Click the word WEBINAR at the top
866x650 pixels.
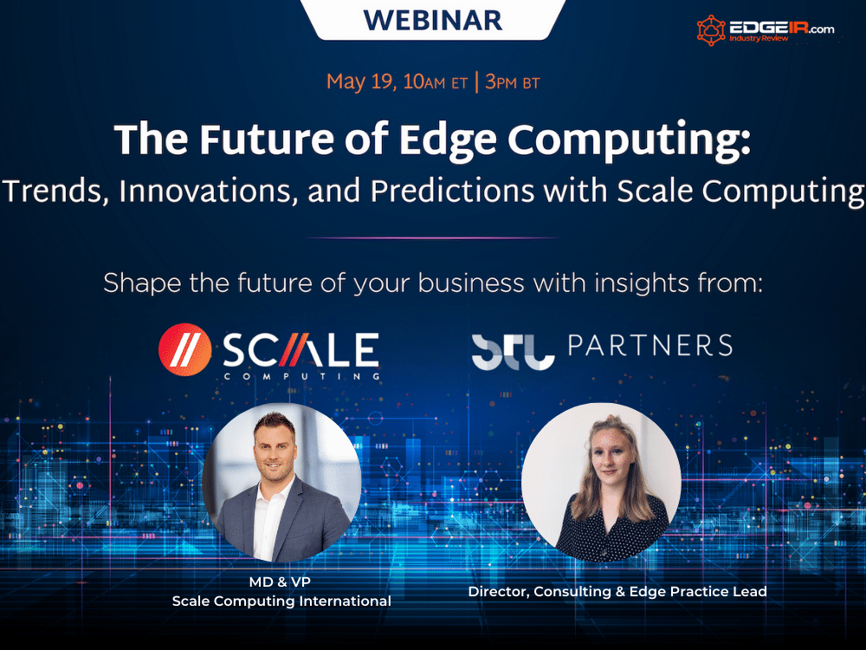point(433,20)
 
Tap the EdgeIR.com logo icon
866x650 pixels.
point(711,29)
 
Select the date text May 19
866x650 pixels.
point(359,81)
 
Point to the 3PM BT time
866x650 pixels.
point(512,82)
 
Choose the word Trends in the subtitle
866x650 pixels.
point(55,191)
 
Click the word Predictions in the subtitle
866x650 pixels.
point(452,191)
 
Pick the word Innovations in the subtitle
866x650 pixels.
point(205,191)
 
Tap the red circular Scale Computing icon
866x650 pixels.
point(185,349)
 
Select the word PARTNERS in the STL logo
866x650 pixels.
point(650,346)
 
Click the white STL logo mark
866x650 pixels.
point(513,352)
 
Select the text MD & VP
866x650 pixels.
point(280,582)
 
